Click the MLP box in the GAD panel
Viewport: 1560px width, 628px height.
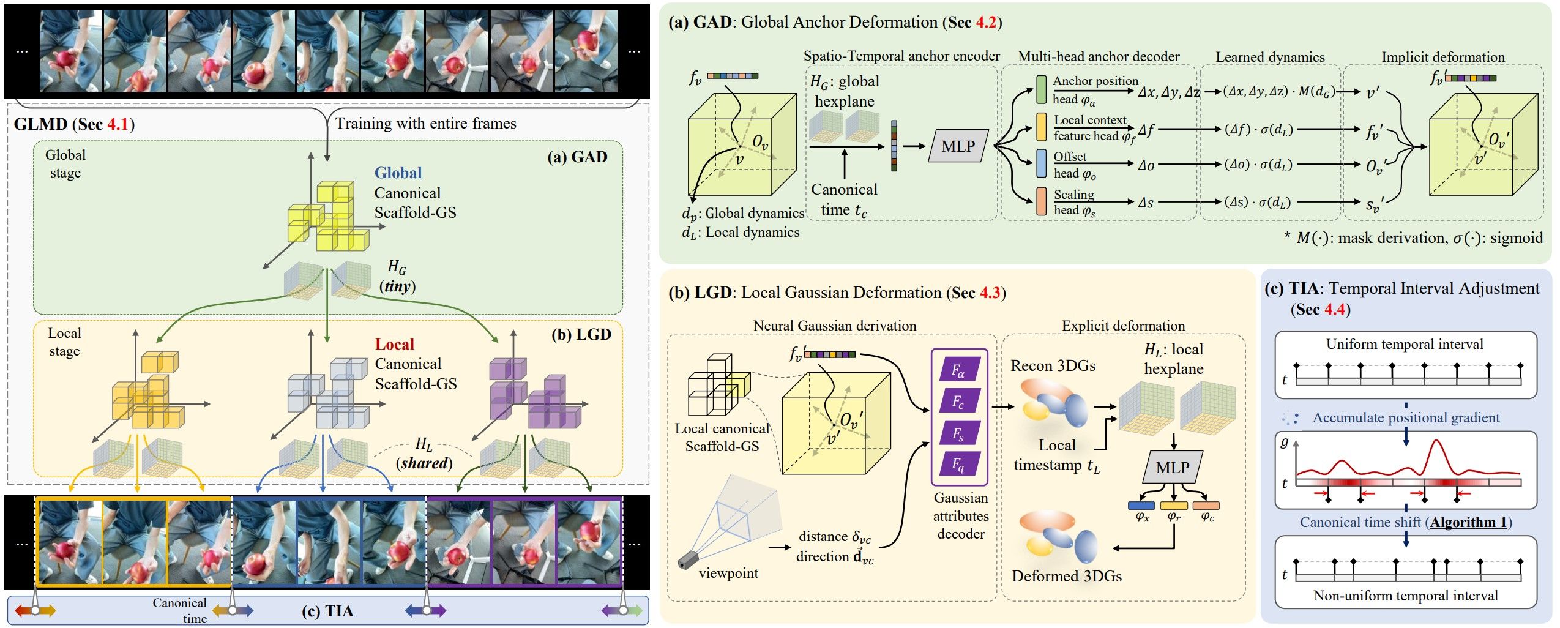click(958, 146)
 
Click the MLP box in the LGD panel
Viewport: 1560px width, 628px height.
click(1172, 468)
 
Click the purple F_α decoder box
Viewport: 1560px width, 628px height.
click(958, 370)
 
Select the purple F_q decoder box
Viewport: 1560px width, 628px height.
click(958, 465)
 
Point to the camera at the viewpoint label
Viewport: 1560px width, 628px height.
click(689, 560)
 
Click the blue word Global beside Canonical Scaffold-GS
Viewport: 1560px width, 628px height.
click(398, 173)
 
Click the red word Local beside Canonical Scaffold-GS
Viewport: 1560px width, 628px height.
click(395, 345)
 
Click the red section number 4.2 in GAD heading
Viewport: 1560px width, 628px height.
click(987, 23)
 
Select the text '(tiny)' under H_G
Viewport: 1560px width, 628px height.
click(398, 286)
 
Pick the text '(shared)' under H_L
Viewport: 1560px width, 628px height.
click(424, 463)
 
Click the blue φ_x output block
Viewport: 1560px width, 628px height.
click(1141, 506)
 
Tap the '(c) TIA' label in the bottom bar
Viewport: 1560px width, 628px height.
click(327, 611)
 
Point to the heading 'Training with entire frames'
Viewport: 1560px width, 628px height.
click(426, 124)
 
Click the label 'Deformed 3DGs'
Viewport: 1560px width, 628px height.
click(1067, 576)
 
